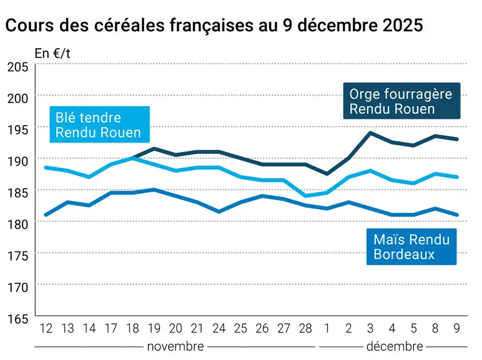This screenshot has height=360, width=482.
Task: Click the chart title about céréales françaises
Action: tap(214, 25)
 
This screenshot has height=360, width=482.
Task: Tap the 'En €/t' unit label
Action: tap(52, 54)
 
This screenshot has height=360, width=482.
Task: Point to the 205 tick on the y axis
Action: tap(18, 67)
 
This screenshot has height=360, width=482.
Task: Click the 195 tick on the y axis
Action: tap(18, 130)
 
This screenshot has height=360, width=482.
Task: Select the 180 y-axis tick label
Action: tap(18, 224)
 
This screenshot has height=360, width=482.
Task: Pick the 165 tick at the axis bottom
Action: tap(18, 319)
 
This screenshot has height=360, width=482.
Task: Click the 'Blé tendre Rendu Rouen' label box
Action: tap(100, 124)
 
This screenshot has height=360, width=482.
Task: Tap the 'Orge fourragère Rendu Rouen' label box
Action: tap(401, 101)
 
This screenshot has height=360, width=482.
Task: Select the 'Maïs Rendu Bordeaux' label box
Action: tap(411, 247)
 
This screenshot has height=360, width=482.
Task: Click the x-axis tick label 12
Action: tap(46, 329)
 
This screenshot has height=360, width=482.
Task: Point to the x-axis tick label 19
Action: tap(154, 329)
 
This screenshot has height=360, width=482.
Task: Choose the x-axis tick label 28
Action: tap(305, 329)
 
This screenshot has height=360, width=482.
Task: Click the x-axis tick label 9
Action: tap(457, 329)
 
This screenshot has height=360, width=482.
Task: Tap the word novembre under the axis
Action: tap(175, 347)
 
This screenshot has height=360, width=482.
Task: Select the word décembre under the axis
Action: tap(395, 347)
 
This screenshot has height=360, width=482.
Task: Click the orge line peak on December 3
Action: tap(370, 133)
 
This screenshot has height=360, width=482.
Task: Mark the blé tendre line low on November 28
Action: tap(305, 196)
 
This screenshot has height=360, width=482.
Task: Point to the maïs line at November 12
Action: tap(46, 215)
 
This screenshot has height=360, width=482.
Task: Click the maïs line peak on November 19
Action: tap(154, 189)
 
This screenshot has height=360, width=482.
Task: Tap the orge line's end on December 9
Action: tap(457, 139)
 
